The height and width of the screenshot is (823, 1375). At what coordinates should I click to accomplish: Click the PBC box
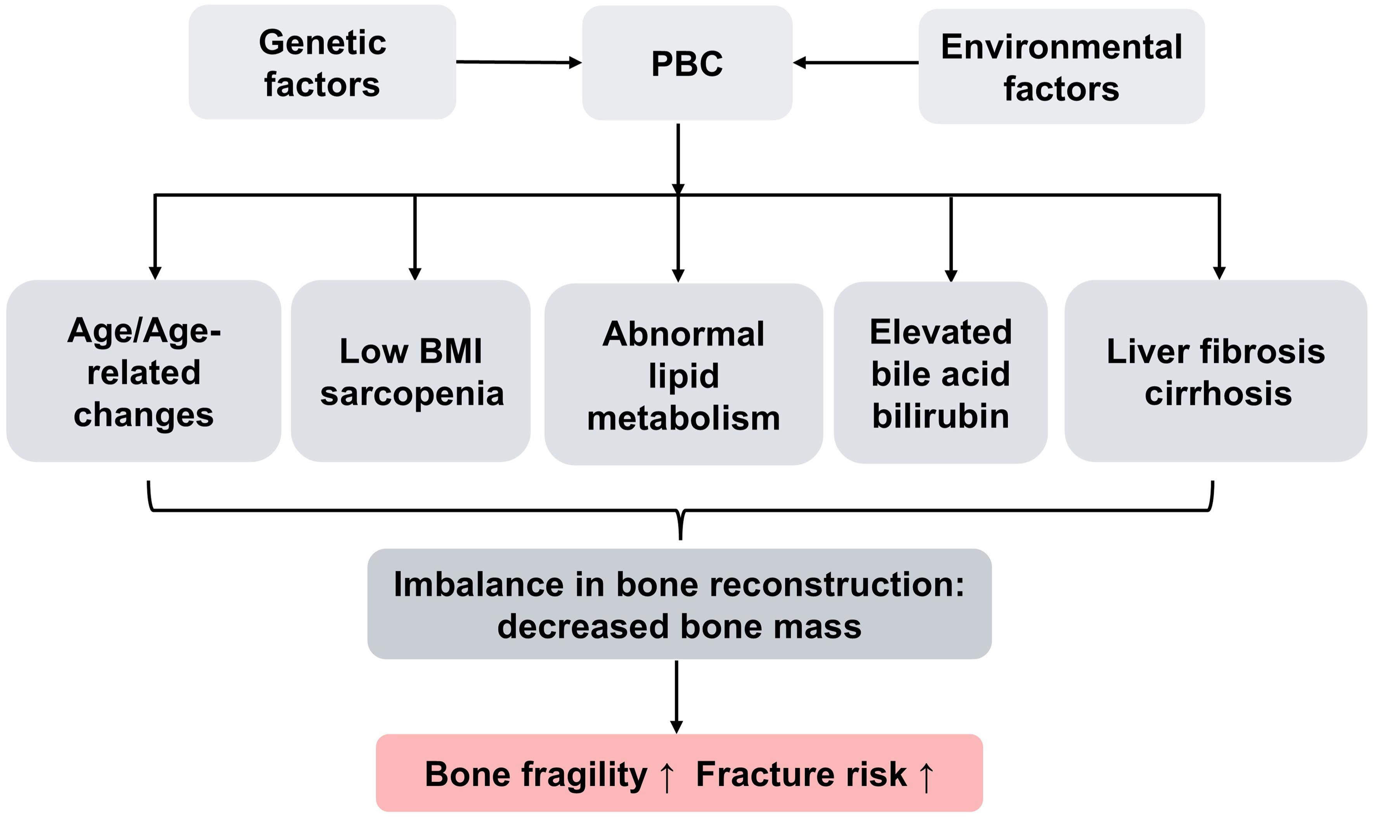pyautogui.click(x=687, y=63)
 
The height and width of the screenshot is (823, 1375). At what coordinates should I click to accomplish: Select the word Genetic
pyautogui.click(x=322, y=43)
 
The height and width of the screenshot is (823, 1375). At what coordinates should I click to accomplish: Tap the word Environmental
pyautogui.click(x=1061, y=47)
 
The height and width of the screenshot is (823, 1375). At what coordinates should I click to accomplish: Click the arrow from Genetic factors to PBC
pyautogui.click(x=518, y=62)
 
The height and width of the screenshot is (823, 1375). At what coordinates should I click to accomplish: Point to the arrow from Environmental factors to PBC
pyautogui.click(x=855, y=63)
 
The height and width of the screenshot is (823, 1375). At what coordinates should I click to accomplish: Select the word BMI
pyautogui.click(x=451, y=351)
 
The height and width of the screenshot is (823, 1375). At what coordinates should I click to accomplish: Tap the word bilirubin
pyautogui.click(x=940, y=416)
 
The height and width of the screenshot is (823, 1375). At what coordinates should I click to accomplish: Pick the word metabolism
pyautogui.click(x=683, y=418)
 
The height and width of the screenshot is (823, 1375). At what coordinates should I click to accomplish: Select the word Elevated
pyautogui.click(x=940, y=332)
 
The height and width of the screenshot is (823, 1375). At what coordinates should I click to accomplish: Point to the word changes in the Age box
pyautogui.click(x=143, y=415)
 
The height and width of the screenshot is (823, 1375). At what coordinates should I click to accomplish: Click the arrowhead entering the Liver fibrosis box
pyautogui.click(x=1219, y=273)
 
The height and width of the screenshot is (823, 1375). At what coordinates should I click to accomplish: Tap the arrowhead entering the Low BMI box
pyautogui.click(x=415, y=274)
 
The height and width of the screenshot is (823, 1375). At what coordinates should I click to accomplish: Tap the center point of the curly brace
pyautogui.click(x=681, y=527)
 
